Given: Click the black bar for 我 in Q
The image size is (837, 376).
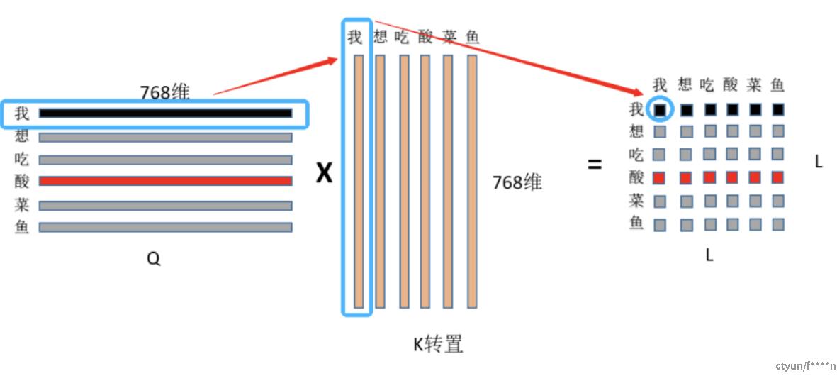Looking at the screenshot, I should click(165, 113).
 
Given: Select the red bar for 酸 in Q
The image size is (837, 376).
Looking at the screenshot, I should click(165, 181).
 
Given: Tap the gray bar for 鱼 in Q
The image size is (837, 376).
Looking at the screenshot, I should click(165, 227).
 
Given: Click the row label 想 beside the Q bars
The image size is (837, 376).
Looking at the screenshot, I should click(22, 136).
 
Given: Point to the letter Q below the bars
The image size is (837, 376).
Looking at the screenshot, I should click(153, 260).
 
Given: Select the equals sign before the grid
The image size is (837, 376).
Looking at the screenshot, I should click(595, 165).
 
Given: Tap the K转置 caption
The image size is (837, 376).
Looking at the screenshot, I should click(439, 344).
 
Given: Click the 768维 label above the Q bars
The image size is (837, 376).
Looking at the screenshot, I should click(164, 92).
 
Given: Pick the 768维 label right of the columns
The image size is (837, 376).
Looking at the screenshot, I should click(517, 182).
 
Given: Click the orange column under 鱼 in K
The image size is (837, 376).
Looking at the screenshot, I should click(472, 181).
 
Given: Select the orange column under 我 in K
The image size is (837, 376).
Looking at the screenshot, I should click(359, 181).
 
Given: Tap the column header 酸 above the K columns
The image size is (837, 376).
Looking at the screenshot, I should click(425, 37).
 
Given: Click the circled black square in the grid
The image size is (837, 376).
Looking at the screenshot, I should click(660, 110).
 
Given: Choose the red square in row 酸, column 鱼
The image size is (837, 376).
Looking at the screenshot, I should click(777, 177).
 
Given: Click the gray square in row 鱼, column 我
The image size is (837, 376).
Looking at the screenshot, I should click(660, 224).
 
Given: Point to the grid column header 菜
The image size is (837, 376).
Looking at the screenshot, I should click(753, 85).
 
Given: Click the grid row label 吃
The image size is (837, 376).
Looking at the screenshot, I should click(636, 154).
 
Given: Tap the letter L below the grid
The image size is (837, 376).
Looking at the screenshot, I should click(709, 255).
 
